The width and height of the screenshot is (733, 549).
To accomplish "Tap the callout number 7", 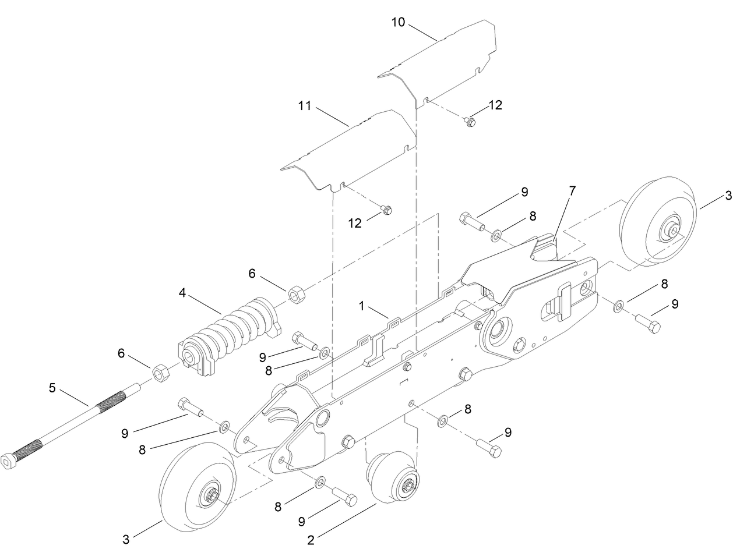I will (572, 190).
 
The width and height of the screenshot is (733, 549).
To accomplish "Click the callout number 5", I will (52, 387).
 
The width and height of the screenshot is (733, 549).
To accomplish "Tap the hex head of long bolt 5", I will (9, 462).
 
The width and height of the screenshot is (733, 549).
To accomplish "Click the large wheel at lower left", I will (198, 487).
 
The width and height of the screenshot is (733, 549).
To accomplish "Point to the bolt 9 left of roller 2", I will (345, 498).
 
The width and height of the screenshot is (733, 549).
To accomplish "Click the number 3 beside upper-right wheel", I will (727, 196).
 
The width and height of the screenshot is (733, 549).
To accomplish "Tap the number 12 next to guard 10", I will (495, 105).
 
